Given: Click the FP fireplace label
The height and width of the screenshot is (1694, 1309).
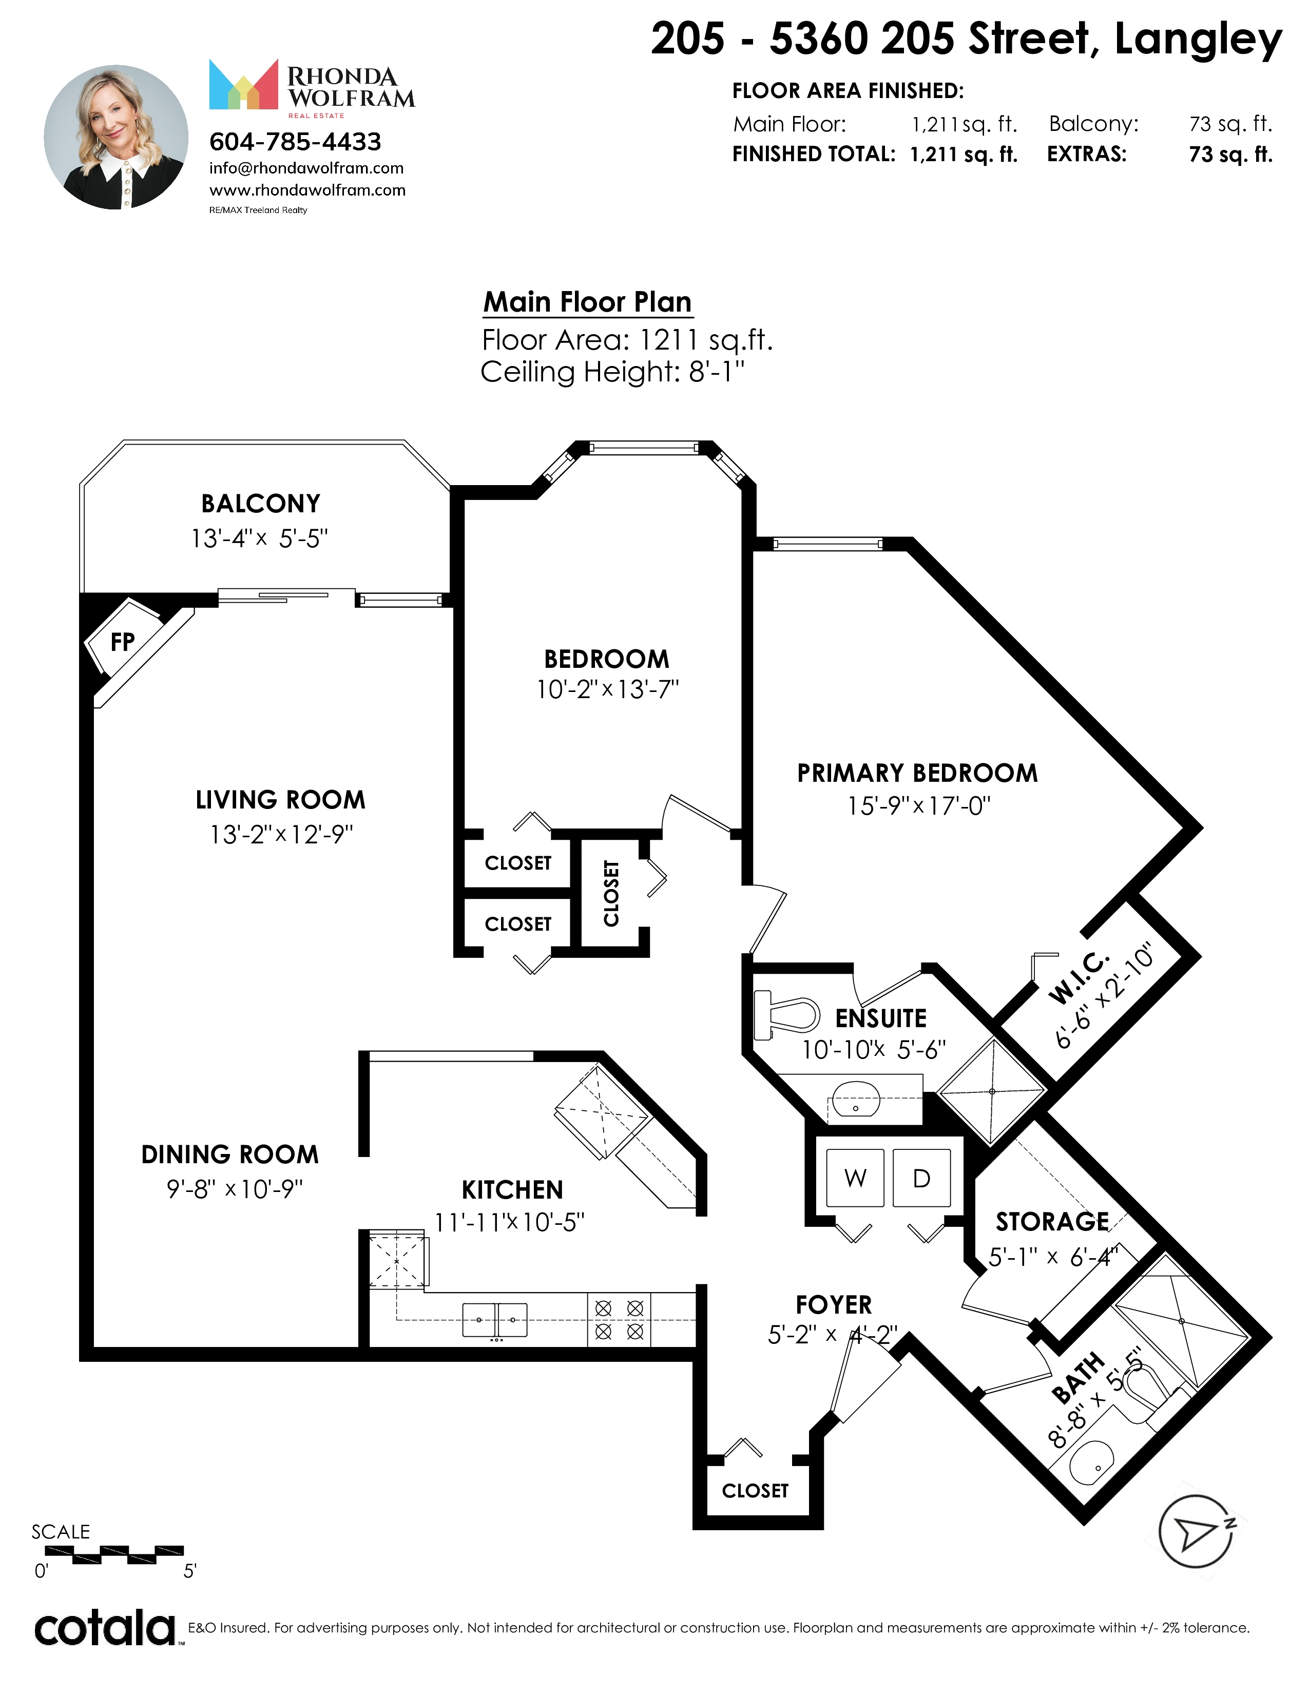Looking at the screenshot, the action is tap(123, 642).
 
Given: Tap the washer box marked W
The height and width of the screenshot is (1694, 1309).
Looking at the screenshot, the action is tap(855, 1178).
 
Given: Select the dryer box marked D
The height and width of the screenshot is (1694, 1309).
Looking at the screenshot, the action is tap(921, 1178).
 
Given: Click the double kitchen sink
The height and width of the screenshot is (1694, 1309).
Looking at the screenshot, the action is tap(495, 1320).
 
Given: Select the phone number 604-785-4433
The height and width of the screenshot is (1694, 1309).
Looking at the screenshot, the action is tap(296, 142).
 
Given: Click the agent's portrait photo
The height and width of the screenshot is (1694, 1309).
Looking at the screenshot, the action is tap(117, 137).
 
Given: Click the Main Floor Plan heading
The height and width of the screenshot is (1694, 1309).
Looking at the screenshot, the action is tap(587, 302).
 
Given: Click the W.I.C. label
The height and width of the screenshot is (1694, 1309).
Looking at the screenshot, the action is tap(1080, 978).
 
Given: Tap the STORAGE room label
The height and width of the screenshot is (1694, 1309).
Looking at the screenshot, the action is tap(1052, 1222).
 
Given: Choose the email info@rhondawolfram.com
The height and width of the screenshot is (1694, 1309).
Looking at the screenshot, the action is tap(306, 168).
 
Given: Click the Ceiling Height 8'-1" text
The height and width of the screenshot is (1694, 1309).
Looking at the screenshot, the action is tap(612, 372).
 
